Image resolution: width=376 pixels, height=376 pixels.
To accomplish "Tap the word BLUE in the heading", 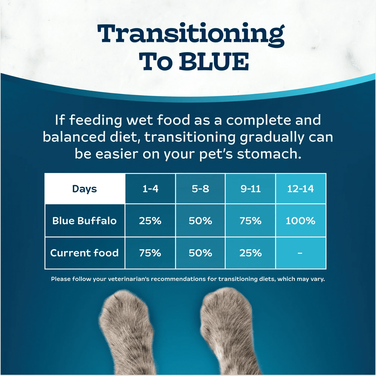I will tap(214, 62).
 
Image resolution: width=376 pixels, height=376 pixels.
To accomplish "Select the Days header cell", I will tap(84, 189).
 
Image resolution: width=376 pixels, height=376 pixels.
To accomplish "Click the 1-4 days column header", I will tap(150, 189).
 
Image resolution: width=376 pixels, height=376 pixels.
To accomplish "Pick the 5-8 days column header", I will tap(200, 189).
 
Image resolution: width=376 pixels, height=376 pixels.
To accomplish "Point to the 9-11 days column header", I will tap(250, 189).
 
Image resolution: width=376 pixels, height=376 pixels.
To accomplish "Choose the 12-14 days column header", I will tap(300, 189).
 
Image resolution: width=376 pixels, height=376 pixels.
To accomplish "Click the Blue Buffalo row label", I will tap(84, 221).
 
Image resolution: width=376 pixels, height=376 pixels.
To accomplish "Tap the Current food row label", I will tap(84, 253).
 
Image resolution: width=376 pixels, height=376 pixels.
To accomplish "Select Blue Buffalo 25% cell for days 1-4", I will tap(150, 221).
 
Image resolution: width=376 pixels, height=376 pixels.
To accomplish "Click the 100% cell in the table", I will tap(300, 221).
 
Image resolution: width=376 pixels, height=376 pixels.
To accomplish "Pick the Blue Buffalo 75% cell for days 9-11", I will tap(250, 221).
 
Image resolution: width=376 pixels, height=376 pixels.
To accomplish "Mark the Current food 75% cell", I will tap(150, 253).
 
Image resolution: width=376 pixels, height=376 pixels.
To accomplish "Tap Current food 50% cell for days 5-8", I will tap(200, 253).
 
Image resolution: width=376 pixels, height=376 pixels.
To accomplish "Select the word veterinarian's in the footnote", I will tap(129, 279).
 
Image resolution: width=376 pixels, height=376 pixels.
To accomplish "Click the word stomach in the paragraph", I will tap(269, 154).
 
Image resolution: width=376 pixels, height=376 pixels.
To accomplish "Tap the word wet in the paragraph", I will tap(140, 120).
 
